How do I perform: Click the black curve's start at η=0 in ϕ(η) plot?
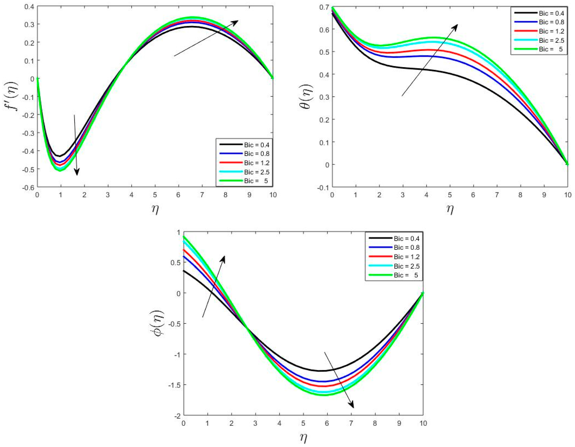[x=184, y=271]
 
